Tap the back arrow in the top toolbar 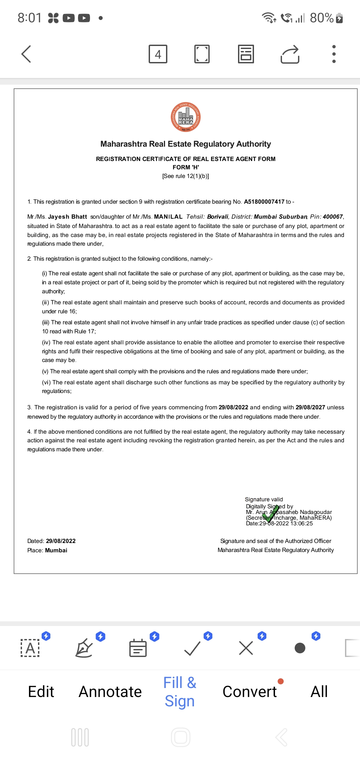(x=26, y=54)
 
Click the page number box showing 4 (x=158, y=54)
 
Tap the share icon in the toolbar (x=290, y=54)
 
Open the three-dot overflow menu (x=334, y=54)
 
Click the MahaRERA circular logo (x=186, y=117)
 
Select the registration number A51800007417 (x=264, y=202)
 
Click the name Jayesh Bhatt (x=67, y=217)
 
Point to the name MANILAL (x=168, y=217)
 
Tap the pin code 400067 (x=333, y=217)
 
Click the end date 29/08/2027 (x=310, y=407)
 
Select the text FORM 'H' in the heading (x=186, y=167)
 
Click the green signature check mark (x=272, y=513)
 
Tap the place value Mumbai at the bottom (x=56, y=550)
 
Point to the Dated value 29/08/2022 (x=61, y=541)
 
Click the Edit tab (x=41, y=692)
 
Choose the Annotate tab (x=110, y=692)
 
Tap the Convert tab (x=250, y=692)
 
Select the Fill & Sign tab (x=180, y=692)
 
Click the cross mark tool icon (x=246, y=648)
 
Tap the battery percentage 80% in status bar (x=322, y=18)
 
